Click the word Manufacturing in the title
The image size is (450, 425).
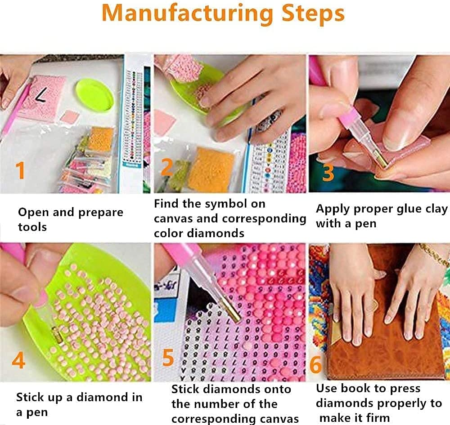tap(187, 13)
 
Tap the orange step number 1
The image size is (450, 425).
tap(20, 170)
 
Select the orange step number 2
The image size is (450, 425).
tap(167, 168)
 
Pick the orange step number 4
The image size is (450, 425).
tap(18, 360)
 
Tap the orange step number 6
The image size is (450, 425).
tap(316, 364)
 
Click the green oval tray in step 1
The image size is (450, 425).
tap(94, 95)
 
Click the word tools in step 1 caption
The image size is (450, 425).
tap(32, 227)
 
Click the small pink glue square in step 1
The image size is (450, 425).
tap(70, 116)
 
